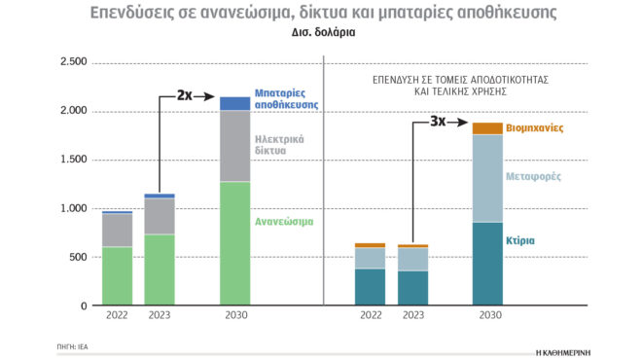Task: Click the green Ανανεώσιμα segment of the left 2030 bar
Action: coord(234,243)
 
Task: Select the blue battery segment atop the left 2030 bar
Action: coord(234,103)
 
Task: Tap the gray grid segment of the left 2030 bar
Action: coord(234,146)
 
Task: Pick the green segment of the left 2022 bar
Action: coord(118,275)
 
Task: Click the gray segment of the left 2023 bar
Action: coord(160,216)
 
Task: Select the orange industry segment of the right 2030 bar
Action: coord(487,128)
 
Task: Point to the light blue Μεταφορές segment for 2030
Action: coord(487,178)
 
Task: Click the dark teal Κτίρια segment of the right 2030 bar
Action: coord(487,263)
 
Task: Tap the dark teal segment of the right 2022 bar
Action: coord(370,287)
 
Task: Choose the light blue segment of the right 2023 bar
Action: coord(412,259)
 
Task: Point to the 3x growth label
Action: coord(439,123)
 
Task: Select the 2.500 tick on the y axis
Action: coord(74,62)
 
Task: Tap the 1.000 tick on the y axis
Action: coord(74,208)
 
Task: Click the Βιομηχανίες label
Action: coord(535,128)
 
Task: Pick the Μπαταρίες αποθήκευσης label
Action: coord(287,98)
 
